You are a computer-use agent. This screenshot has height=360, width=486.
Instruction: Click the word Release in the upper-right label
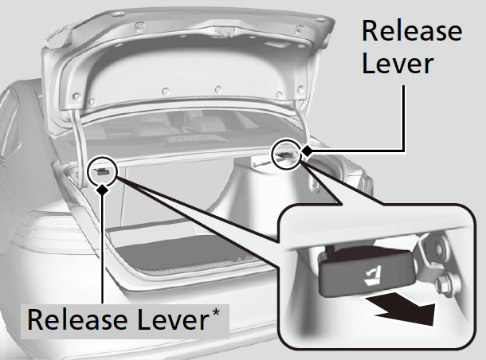[x=411, y=31]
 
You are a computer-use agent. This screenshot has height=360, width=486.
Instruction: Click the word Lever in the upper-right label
[x=397, y=63]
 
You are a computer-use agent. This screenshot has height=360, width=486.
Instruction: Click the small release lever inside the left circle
[x=102, y=170]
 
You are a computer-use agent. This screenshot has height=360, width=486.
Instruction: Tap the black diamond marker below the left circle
[x=102, y=189]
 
